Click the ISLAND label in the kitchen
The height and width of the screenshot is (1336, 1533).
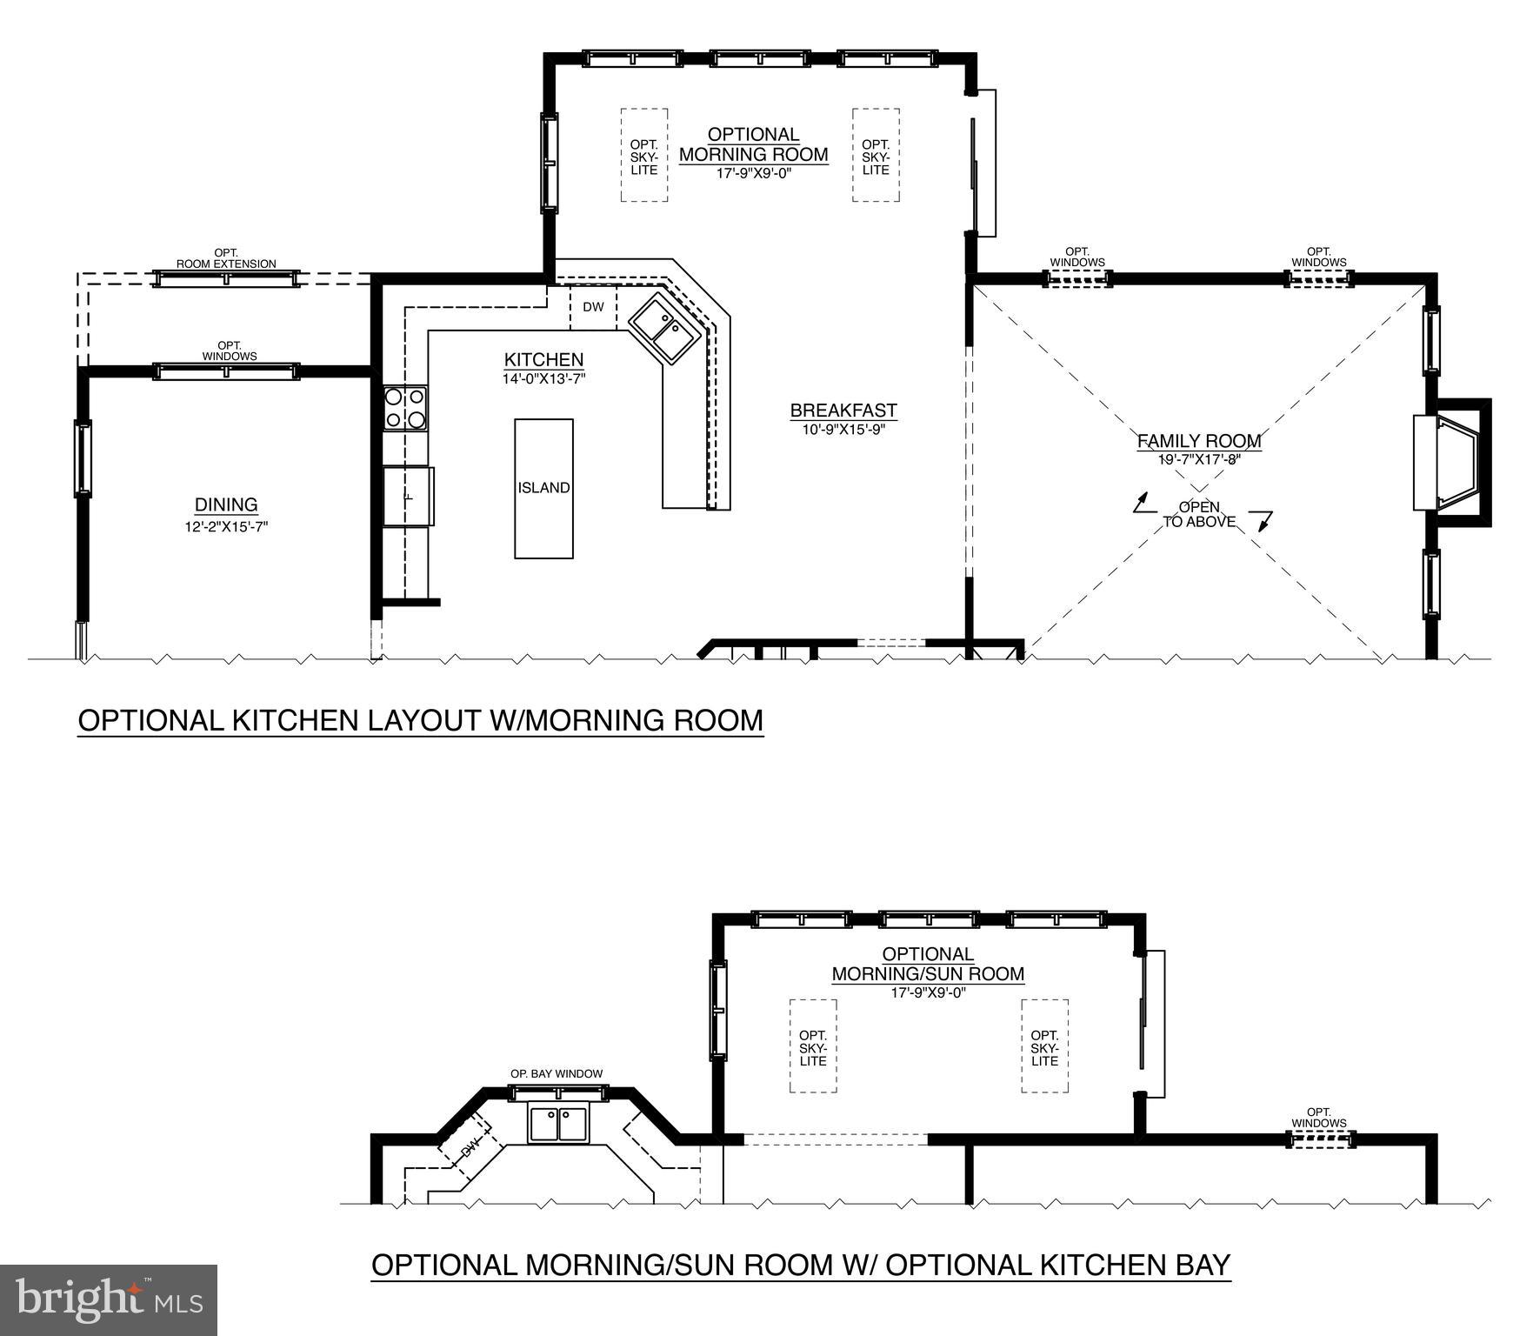543,488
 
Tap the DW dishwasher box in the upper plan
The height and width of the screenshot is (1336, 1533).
593,307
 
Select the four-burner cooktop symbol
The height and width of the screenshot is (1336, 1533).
405,408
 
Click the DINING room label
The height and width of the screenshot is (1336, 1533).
226,504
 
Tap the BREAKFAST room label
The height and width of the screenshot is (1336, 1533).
843,411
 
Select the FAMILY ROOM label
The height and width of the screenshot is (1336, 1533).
1198,441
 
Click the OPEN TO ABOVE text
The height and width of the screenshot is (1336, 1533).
1199,514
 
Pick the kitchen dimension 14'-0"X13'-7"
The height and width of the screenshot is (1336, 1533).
543,378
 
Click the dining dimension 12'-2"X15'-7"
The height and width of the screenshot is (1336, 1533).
226,526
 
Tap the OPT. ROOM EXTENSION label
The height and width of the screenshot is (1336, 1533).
226,258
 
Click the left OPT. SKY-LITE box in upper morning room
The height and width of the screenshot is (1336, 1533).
644,157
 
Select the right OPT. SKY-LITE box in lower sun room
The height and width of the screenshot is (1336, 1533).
1044,1047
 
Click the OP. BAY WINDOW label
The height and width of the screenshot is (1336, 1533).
556,1073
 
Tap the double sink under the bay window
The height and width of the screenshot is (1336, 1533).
558,1123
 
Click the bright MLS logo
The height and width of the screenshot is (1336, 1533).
108,1299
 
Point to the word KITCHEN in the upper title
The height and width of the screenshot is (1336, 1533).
283,720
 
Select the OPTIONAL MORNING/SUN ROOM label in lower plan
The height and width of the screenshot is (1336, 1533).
928,964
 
